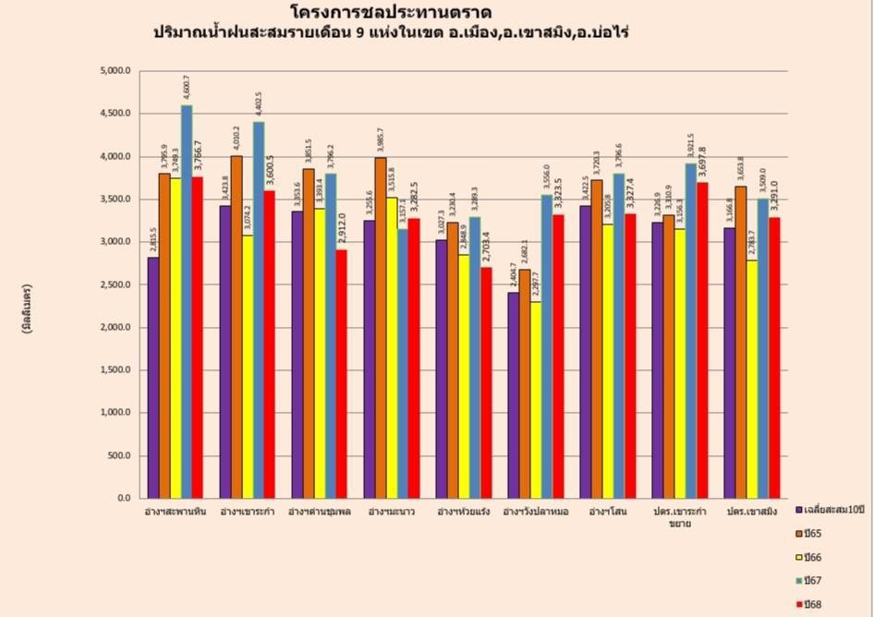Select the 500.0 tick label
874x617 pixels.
(120, 455)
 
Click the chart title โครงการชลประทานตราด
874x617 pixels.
(390, 12)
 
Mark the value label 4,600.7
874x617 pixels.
(187, 89)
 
